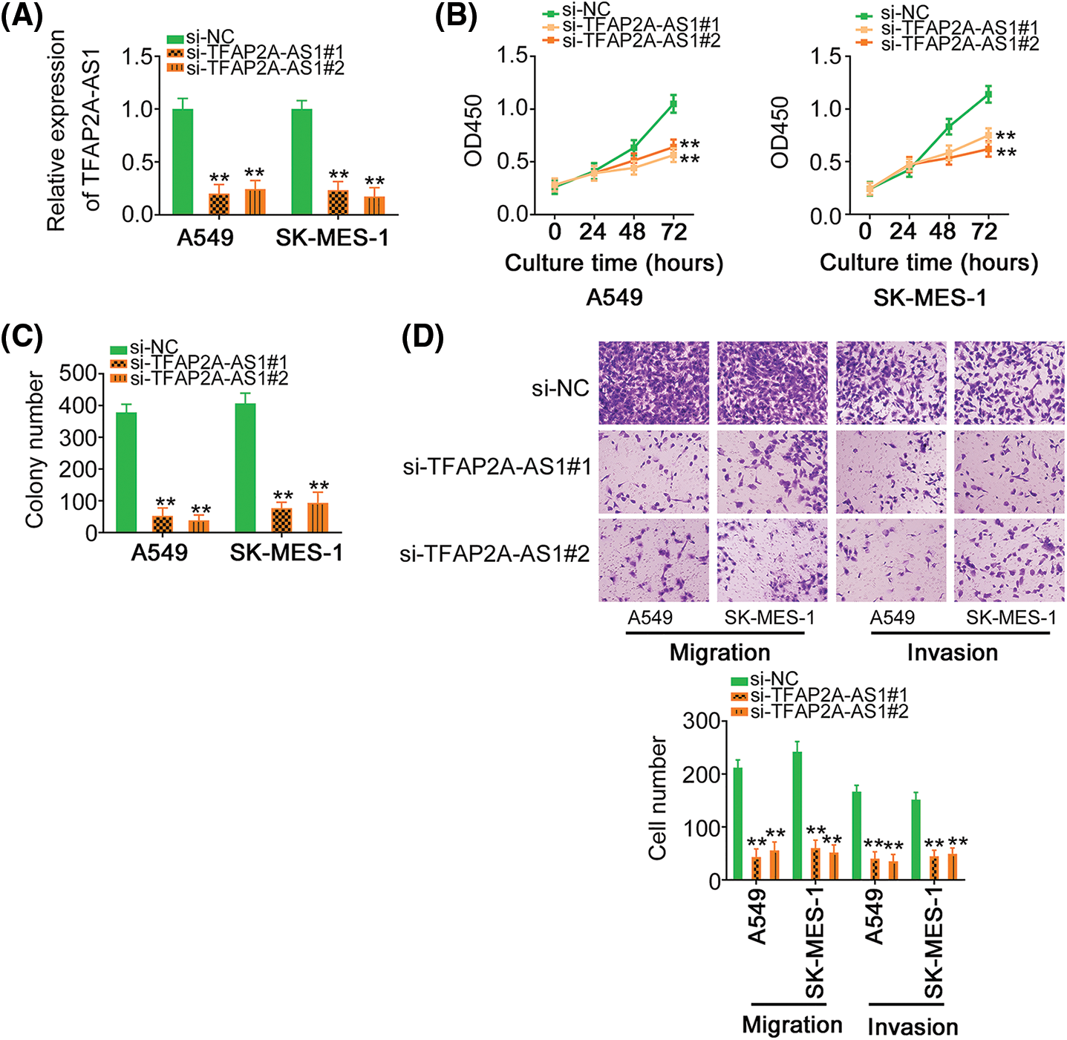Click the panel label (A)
click(x=22, y=16)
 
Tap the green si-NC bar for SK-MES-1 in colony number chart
click(x=245, y=468)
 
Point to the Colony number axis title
click(x=34, y=451)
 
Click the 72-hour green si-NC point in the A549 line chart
click(x=673, y=104)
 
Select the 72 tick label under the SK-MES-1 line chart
click(x=985, y=232)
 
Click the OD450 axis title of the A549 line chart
click(x=473, y=130)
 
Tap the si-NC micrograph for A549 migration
click(x=653, y=383)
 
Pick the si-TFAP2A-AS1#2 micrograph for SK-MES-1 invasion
click(x=1008, y=560)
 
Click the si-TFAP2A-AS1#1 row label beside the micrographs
click(x=497, y=468)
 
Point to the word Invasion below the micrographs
click(x=952, y=653)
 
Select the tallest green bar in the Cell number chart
click(x=797, y=816)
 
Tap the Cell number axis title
click(x=658, y=798)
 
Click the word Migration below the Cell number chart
click(x=792, y=1025)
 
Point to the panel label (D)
click(x=422, y=338)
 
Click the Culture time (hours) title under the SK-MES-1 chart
click(x=929, y=263)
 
